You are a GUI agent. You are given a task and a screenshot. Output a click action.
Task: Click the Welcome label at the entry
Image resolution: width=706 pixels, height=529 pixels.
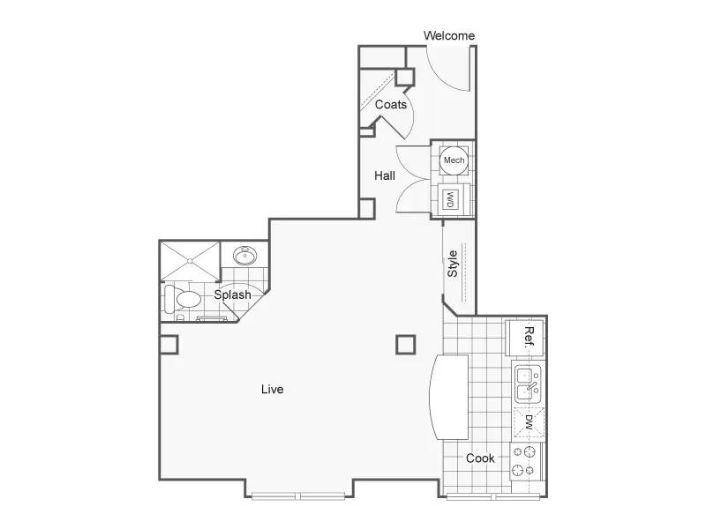click(449, 35)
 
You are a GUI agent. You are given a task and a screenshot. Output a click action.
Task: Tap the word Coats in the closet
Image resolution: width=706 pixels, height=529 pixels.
click(390, 104)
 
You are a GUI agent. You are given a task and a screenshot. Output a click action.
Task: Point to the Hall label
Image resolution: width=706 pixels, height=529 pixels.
click(385, 175)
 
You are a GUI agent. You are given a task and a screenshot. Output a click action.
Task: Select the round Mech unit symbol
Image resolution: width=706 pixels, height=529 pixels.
click(454, 160)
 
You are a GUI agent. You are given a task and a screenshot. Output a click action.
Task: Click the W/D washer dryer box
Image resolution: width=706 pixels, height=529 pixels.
click(450, 199)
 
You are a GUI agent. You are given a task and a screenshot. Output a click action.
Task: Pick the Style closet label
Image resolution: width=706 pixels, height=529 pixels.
click(452, 264)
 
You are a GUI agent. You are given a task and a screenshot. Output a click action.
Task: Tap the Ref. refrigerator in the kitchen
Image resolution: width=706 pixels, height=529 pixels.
click(524, 338)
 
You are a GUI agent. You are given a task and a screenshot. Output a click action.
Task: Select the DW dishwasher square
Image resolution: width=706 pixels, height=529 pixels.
click(529, 422)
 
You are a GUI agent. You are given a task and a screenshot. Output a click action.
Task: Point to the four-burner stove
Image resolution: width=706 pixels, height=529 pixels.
click(525, 461)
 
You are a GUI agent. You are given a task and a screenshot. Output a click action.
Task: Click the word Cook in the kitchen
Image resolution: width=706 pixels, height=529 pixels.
click(480, 458)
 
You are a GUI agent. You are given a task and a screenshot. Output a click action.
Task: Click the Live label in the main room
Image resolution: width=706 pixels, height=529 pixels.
click(273, 389)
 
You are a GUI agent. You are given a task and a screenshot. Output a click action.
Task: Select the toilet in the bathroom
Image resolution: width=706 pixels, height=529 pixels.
click(182, 299)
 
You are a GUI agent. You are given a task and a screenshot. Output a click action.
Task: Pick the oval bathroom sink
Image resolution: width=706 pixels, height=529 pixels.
click(245, 256)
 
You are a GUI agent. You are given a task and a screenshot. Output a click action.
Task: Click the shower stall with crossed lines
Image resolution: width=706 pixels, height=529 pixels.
click(191, 261)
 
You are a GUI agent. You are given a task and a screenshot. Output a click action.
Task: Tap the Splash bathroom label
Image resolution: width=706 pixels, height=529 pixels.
click(232, 294)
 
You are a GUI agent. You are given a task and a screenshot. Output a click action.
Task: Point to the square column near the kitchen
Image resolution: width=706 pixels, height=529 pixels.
click(406, 345)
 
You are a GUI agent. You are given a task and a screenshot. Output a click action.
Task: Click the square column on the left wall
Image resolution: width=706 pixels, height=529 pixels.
click(169, 345)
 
